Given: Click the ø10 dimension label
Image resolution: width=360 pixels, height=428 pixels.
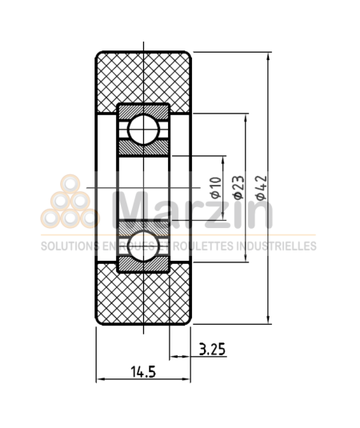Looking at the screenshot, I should coord(214,186).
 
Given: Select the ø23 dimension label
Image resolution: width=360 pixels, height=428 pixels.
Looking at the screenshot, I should coord(238,186).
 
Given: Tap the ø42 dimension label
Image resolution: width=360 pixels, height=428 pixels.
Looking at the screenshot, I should coord(259,186).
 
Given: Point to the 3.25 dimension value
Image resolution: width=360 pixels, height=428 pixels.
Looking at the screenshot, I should coord(212,350).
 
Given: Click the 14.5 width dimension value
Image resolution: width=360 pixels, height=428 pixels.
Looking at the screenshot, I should coord(142,371).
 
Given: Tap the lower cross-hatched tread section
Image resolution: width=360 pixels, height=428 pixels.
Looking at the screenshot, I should coord(143,296).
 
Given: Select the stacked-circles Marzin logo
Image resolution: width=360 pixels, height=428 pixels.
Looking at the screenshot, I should coord(70,202).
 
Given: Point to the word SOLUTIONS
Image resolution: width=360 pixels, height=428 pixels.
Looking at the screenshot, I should coord(66,246).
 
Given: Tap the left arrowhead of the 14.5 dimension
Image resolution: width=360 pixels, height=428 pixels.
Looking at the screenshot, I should coord(99,380).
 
